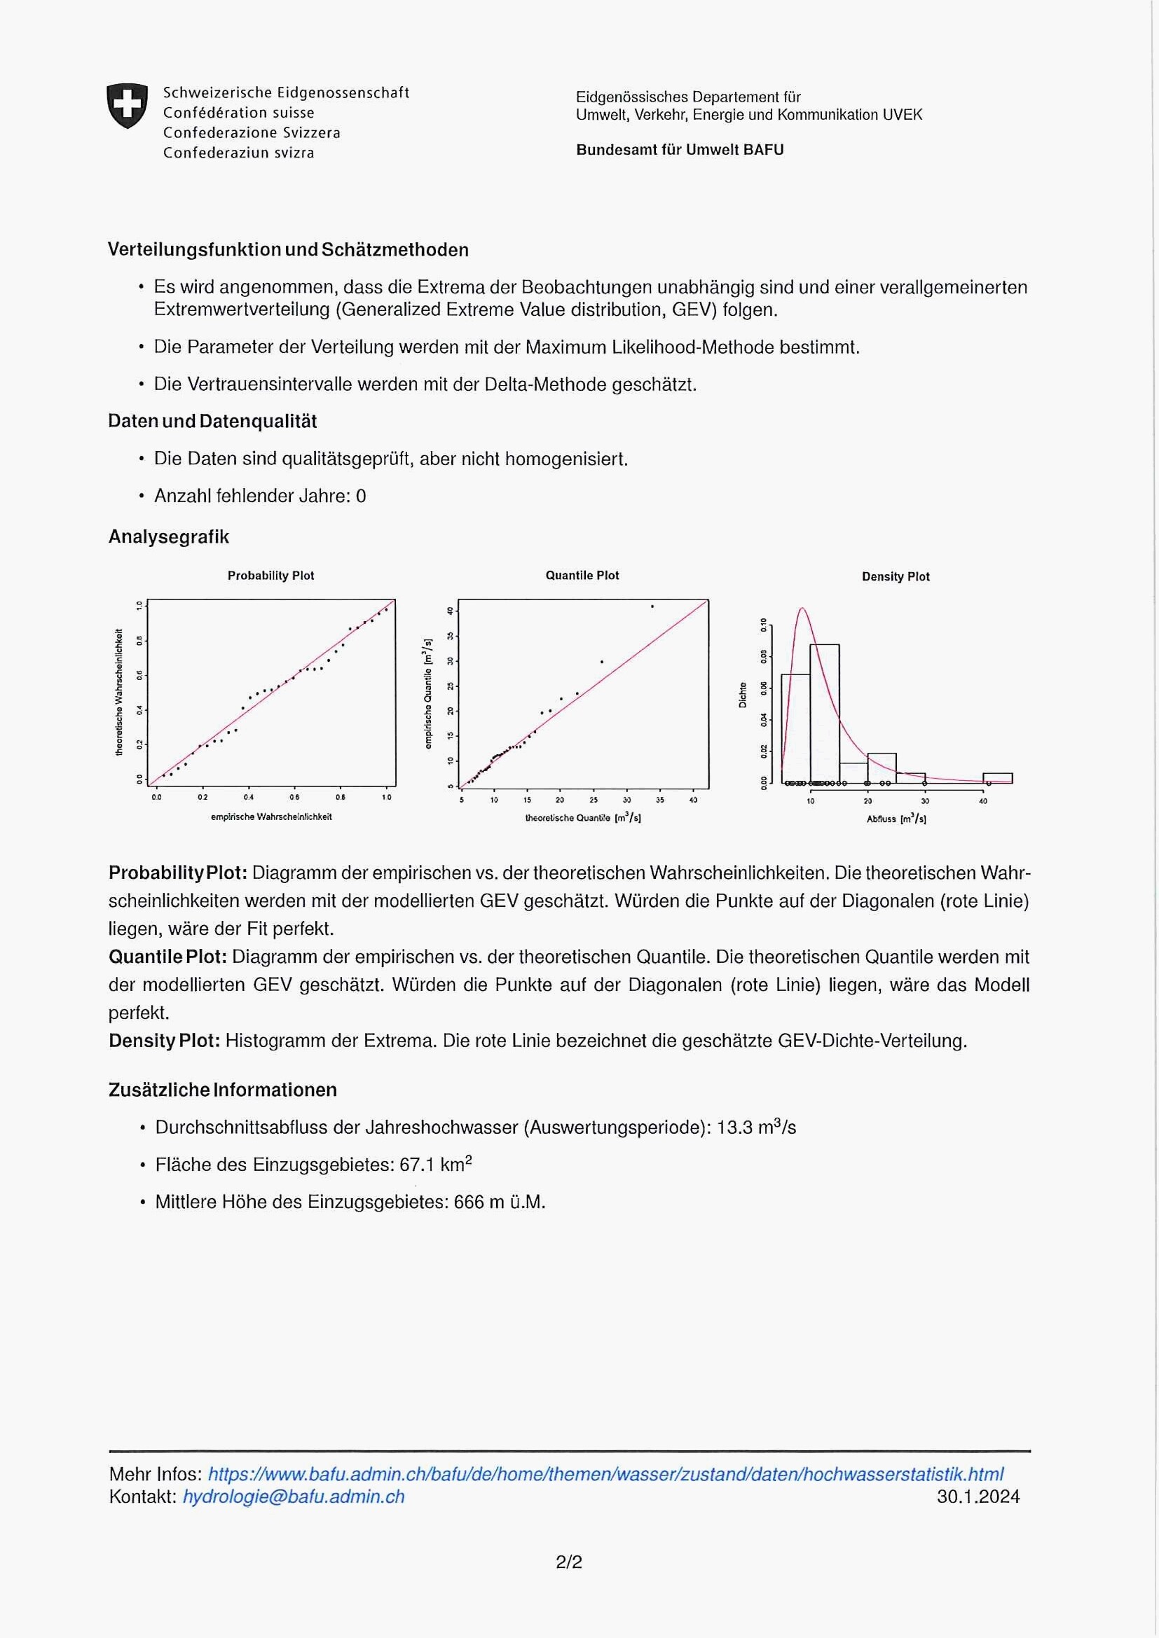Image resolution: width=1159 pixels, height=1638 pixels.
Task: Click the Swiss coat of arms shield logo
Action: [x=127, y=106]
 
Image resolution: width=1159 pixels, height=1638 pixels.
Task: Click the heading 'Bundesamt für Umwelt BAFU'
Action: [x=680, y=150]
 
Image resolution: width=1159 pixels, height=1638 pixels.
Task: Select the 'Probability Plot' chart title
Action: [x=270, y=576]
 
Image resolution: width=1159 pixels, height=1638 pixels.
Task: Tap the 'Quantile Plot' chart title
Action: [x=582, y=576]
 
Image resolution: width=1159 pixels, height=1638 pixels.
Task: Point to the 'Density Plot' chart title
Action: [x=896, y=577]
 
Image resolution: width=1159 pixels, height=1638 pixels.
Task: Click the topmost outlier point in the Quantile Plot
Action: [x=652, y=607]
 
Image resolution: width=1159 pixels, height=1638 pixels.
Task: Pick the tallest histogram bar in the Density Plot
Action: [x=824, y=713]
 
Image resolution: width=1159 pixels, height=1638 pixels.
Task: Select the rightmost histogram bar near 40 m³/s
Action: [x=997, y=778]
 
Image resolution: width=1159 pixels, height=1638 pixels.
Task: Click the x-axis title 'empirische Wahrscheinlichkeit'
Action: [x=271, y=817]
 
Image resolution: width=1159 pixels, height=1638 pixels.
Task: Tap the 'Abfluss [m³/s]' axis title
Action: [x=896, y=819]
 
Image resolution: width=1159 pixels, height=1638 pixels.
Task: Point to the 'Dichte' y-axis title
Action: [x=743, y=695]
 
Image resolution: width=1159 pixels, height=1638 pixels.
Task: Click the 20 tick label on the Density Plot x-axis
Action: [x=867, y=801]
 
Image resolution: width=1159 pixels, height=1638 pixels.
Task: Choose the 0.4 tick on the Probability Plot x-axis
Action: [x=248, y=798]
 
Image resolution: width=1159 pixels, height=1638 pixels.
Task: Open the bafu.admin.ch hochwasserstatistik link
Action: [x=605, y=1474]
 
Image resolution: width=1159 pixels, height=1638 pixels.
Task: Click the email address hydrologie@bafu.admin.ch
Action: [x=294, y=1497]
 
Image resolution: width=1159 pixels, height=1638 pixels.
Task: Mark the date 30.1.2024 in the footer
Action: [x=978, y=1497]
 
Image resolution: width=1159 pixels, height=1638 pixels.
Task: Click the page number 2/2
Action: [x=569, y=1562]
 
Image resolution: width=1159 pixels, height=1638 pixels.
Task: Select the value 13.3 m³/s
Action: [x=756, y=1128]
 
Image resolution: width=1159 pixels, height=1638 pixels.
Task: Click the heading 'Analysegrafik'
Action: [x=168, y=537]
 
